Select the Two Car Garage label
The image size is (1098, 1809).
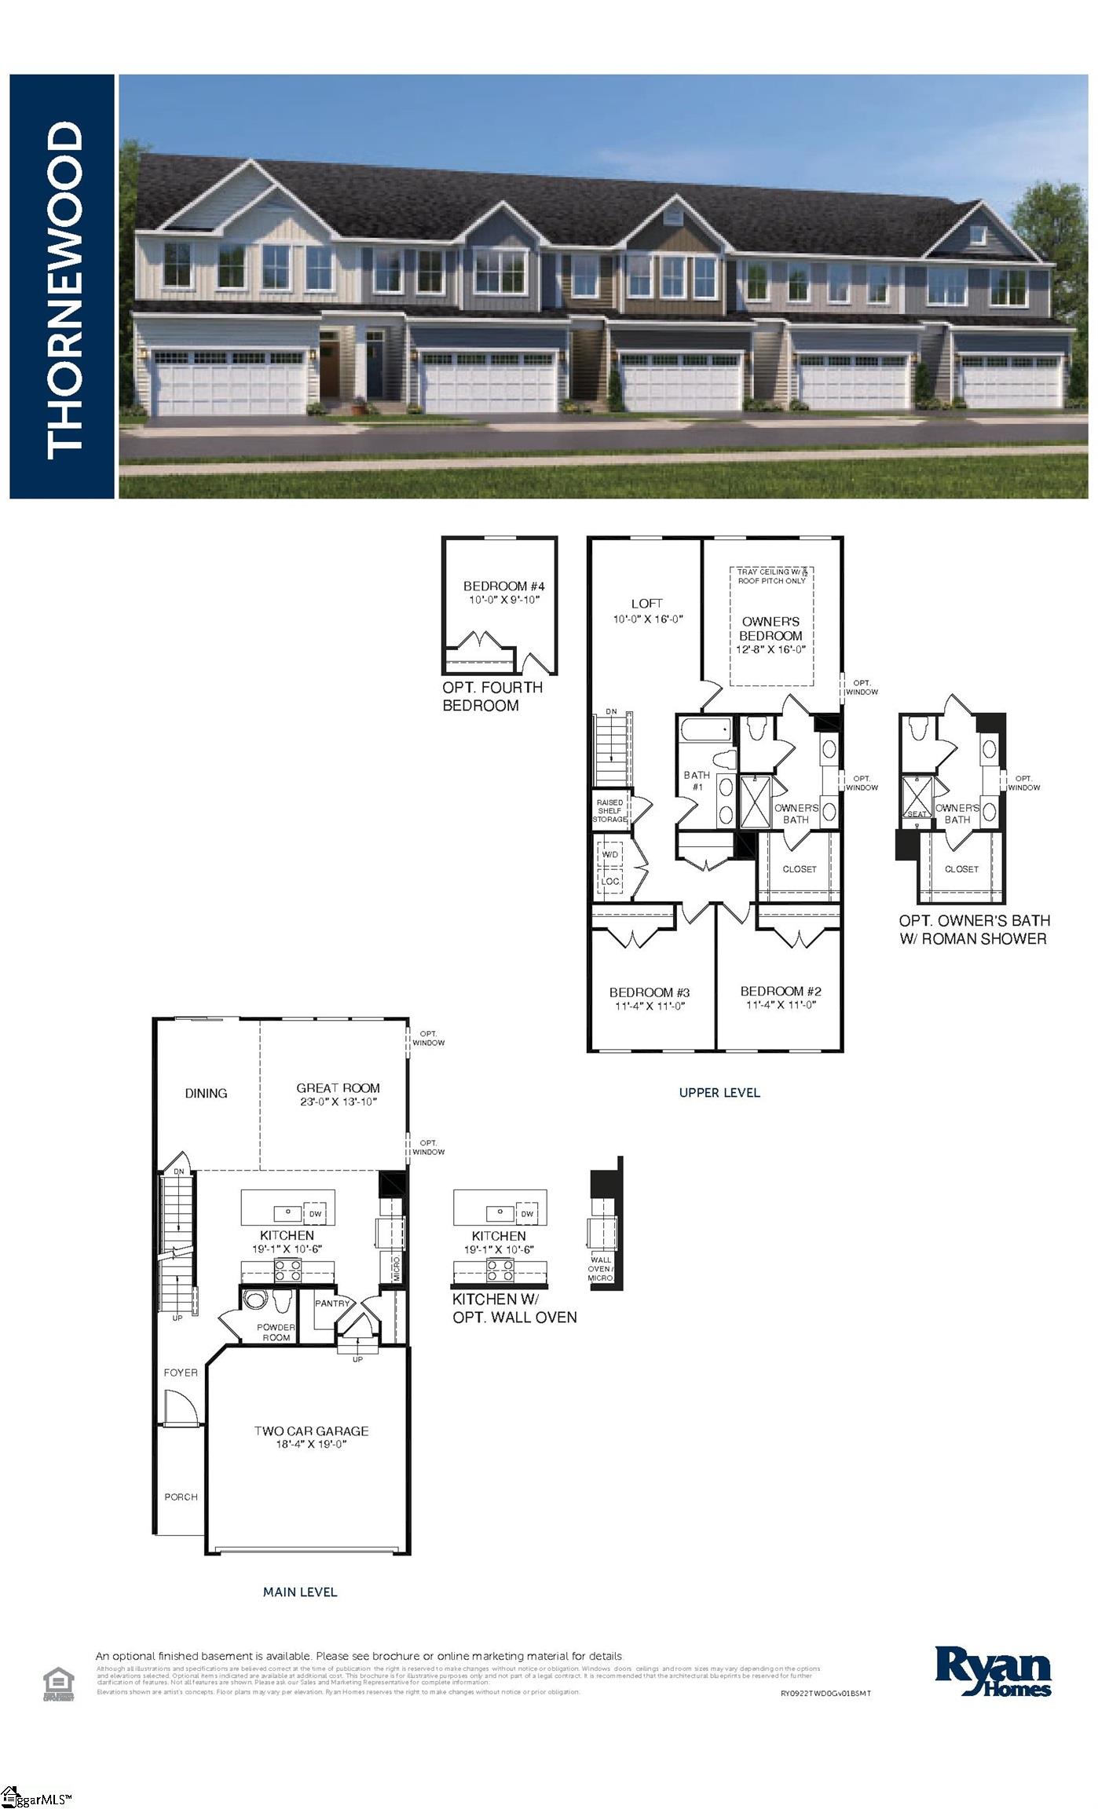[311, 1431]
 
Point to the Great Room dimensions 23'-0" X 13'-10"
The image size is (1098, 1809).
[338, 1102]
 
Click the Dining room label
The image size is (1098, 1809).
[206, 1093]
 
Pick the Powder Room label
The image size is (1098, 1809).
[276, 1332]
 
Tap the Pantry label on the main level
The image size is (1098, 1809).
[332, 1303]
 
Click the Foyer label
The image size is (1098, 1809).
[181, 1372]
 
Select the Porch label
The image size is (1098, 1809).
[181, 1497]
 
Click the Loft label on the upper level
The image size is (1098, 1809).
[646, 603]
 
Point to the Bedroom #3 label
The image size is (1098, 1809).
[649, 992]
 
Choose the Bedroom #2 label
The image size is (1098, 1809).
[781, 991]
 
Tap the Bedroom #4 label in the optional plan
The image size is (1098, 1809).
[503, 586]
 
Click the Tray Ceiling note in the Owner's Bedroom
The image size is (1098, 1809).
[771, 576]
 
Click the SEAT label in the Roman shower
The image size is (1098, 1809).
[917, 813]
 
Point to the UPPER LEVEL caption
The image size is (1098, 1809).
[719, 1092]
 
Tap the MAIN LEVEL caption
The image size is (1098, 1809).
[300, 1592]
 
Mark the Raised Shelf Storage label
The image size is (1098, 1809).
[609, 810]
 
